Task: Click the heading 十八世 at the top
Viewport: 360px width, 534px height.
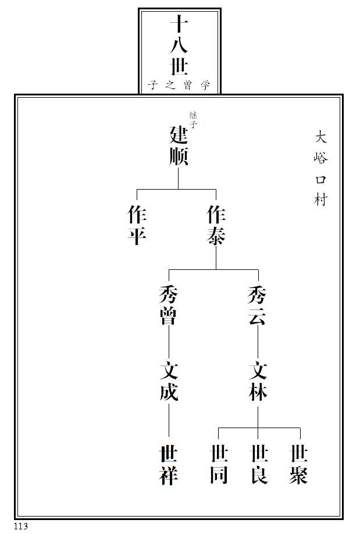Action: coord(179,48)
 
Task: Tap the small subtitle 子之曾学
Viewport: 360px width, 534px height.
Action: coord(179,86)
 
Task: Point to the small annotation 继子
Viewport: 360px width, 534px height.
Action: coord(193,119)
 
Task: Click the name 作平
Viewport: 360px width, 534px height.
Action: coord(137,226)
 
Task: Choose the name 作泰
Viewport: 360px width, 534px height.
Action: coord(216,226)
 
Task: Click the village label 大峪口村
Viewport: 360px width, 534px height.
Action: coord(321,168)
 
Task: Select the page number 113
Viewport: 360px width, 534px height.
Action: coord(22,526)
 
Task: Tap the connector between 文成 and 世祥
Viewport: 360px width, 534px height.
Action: coord(169,422)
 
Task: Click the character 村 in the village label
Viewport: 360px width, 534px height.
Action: coord(321,201)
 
